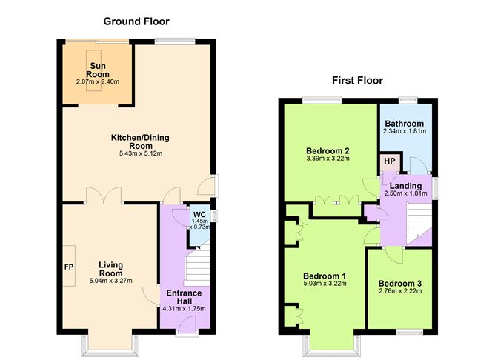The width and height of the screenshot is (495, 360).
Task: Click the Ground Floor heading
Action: [x=136, y=21]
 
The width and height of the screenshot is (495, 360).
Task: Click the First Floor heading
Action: [x=357, y=81]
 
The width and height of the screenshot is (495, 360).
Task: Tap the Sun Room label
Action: [x=98, y=70]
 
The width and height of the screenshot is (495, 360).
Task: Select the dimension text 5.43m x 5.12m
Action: [x=141, y=153]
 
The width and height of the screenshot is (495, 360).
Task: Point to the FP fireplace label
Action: [x=69, y=267]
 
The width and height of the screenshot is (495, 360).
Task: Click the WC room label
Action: [x=199, y=215]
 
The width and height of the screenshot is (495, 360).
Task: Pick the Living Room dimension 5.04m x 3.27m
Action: [x=111, y=281]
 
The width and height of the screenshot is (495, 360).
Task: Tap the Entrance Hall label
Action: [x=184, y=297]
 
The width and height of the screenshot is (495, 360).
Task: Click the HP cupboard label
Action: [x=390, y=161]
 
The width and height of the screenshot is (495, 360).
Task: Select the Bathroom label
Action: [x=405, y=124]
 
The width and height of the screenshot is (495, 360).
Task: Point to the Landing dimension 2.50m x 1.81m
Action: [x=405, y=193]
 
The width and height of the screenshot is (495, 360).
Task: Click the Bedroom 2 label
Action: [x=328, y=150]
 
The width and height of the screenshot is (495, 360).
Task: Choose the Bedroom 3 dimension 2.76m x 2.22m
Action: [x=400, y=290]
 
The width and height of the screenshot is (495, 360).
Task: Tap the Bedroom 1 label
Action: [x=325, y=276]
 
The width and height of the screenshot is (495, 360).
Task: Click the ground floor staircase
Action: [x=197, y=265]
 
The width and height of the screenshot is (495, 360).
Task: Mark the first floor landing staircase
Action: [x=419, y=224]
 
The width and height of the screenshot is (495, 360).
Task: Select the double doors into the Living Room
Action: [x=104, y=196]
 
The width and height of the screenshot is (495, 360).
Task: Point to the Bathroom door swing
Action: [x=418, y=164]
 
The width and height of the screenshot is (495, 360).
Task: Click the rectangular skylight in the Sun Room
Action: [x=94, y=70]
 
